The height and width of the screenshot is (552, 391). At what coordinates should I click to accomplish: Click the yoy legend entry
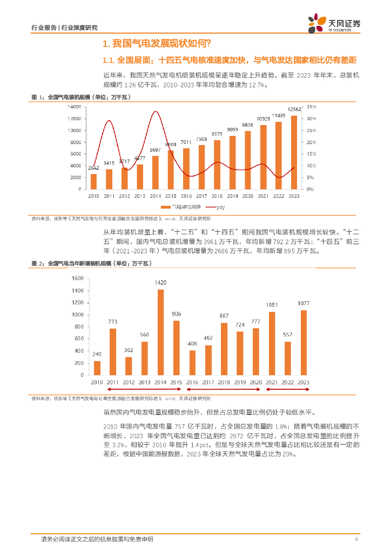[x=217, y=207]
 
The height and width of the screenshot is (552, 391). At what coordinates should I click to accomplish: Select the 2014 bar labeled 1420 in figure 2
[x=160, y=332]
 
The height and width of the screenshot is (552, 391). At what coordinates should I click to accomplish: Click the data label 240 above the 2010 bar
[x=97, y=355]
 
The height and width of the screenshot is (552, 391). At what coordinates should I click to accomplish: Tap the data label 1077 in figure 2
[x=304, y=304]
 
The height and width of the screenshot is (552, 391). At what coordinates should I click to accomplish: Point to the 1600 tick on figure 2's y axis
[x=77, y=278]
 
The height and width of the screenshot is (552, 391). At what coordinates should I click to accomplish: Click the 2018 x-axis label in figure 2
[x=224, y=382]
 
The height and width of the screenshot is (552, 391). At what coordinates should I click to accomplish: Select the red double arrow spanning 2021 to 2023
[x=287, y=389]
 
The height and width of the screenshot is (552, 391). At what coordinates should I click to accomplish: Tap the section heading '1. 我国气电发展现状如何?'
[x=157, y=43]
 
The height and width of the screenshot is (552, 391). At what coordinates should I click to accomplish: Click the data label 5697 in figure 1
[x=156, y=150]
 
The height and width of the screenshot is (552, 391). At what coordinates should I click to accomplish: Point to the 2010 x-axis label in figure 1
[x=93, y=196]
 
